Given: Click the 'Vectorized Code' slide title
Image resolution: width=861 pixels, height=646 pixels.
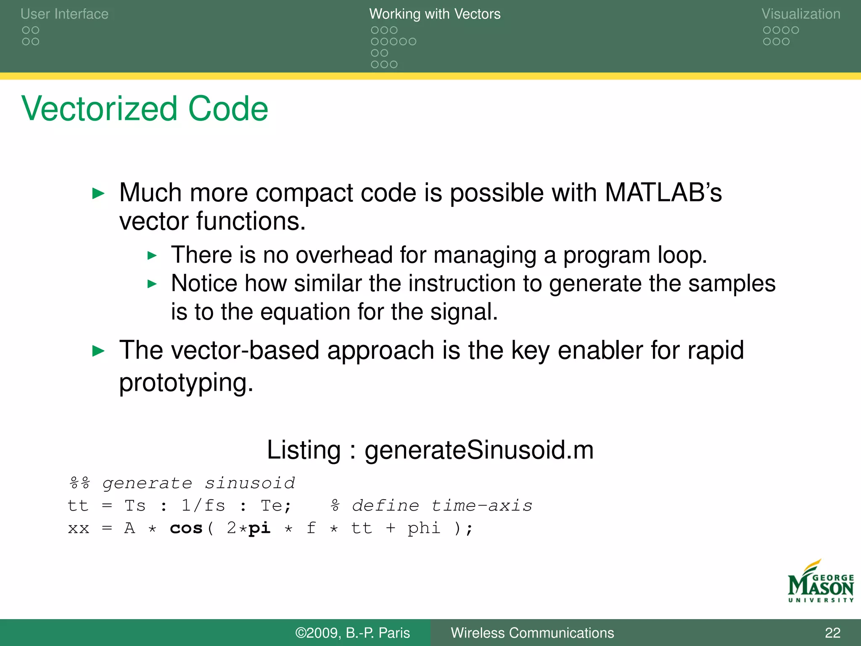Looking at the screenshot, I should (x=145, y=109).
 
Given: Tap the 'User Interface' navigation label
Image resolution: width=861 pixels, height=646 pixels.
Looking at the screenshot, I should (x=64, y=14).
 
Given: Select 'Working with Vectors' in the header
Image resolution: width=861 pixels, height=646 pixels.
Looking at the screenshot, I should (x=435, y=14).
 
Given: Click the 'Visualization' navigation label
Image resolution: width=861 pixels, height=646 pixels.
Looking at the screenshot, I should (x=800, y=14).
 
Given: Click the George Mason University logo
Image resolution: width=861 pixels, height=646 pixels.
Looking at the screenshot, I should (x=820, y=582).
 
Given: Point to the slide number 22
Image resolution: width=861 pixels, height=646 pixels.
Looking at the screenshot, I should (x=832, y=633).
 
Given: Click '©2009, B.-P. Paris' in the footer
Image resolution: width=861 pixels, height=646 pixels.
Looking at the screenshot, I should (x=352, y=633).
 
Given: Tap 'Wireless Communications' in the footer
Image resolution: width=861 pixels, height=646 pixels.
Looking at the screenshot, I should (x=532, y=633).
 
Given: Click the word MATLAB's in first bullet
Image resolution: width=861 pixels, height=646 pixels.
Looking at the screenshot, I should (x=663, y=193).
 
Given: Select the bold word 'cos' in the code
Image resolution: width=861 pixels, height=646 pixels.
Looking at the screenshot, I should (x=186, y=528).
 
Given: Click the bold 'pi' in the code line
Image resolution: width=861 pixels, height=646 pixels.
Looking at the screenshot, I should (x=259, y=528).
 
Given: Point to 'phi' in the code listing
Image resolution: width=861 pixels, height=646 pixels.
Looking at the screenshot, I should (x=424, y=528).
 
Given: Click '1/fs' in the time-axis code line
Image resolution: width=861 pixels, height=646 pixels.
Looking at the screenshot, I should (x=203, y=506).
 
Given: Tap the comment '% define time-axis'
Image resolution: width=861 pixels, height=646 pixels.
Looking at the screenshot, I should (x=431, y=506).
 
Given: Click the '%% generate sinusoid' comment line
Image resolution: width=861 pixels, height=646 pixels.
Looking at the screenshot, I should (x=182, y=483).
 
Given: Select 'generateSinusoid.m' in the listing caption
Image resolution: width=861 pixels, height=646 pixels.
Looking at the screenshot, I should (x=479, y=450).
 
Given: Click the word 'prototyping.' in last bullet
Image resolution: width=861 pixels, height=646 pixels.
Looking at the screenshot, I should (x=186, y=383).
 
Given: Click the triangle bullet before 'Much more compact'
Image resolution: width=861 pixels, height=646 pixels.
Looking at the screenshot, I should (x=98, y=194).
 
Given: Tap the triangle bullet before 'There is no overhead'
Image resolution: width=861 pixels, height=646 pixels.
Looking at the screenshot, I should (x=152, y=255).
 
